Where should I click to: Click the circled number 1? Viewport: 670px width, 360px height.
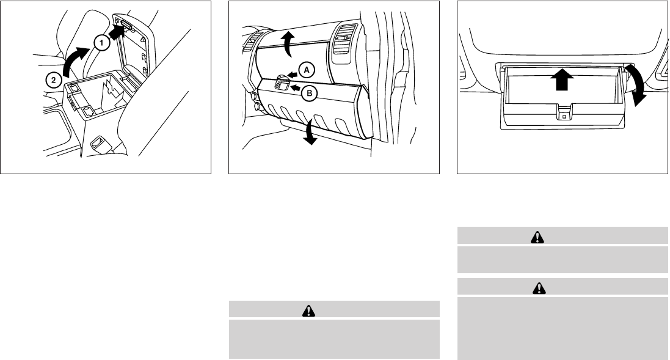point(102,43)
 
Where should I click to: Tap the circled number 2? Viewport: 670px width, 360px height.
point(53,79)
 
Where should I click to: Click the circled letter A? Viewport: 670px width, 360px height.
point(307,70)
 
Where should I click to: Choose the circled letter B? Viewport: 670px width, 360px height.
point(310,93)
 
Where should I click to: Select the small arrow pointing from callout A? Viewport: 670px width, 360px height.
point(293,75)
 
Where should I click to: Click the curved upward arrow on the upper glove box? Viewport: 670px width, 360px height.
point(289,43)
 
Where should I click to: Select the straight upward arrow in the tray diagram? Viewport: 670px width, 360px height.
point(562,79)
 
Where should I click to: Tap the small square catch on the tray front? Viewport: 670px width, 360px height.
point(564,116)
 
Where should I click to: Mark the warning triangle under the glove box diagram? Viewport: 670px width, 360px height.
point(308,310)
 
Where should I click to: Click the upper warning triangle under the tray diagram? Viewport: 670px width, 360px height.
point(537,237)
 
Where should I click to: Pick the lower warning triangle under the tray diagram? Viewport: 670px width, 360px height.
point(539,288)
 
